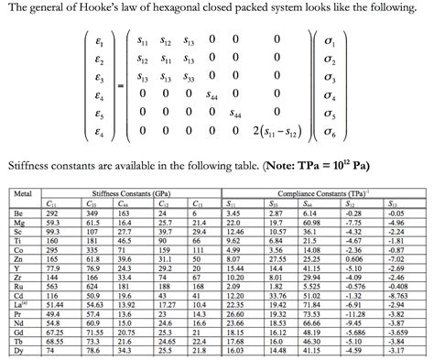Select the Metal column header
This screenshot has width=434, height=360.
[x=24, y=194]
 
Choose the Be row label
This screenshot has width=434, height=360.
[x=18, y=212]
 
